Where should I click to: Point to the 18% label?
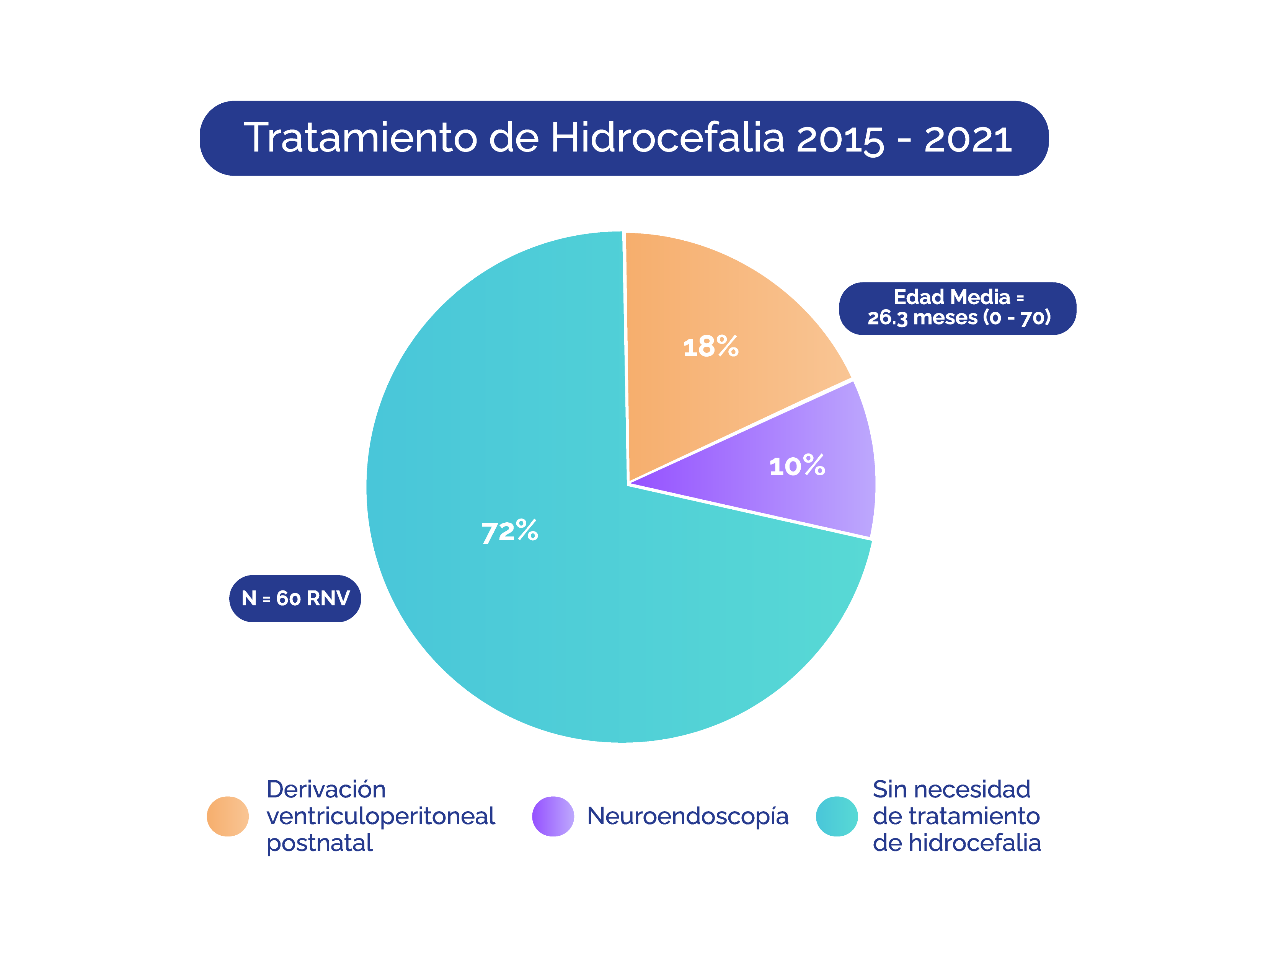pos(711,347)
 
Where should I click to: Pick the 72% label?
pos(509,531)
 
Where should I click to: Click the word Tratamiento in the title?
pos(361,139)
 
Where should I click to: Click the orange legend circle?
pos(228,816)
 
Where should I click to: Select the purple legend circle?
pos(553,816)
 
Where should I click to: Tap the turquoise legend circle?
pos(836,816)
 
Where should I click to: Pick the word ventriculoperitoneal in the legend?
pos(381,816)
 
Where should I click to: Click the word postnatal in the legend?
pos(320,843)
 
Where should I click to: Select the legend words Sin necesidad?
pos(951,789)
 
